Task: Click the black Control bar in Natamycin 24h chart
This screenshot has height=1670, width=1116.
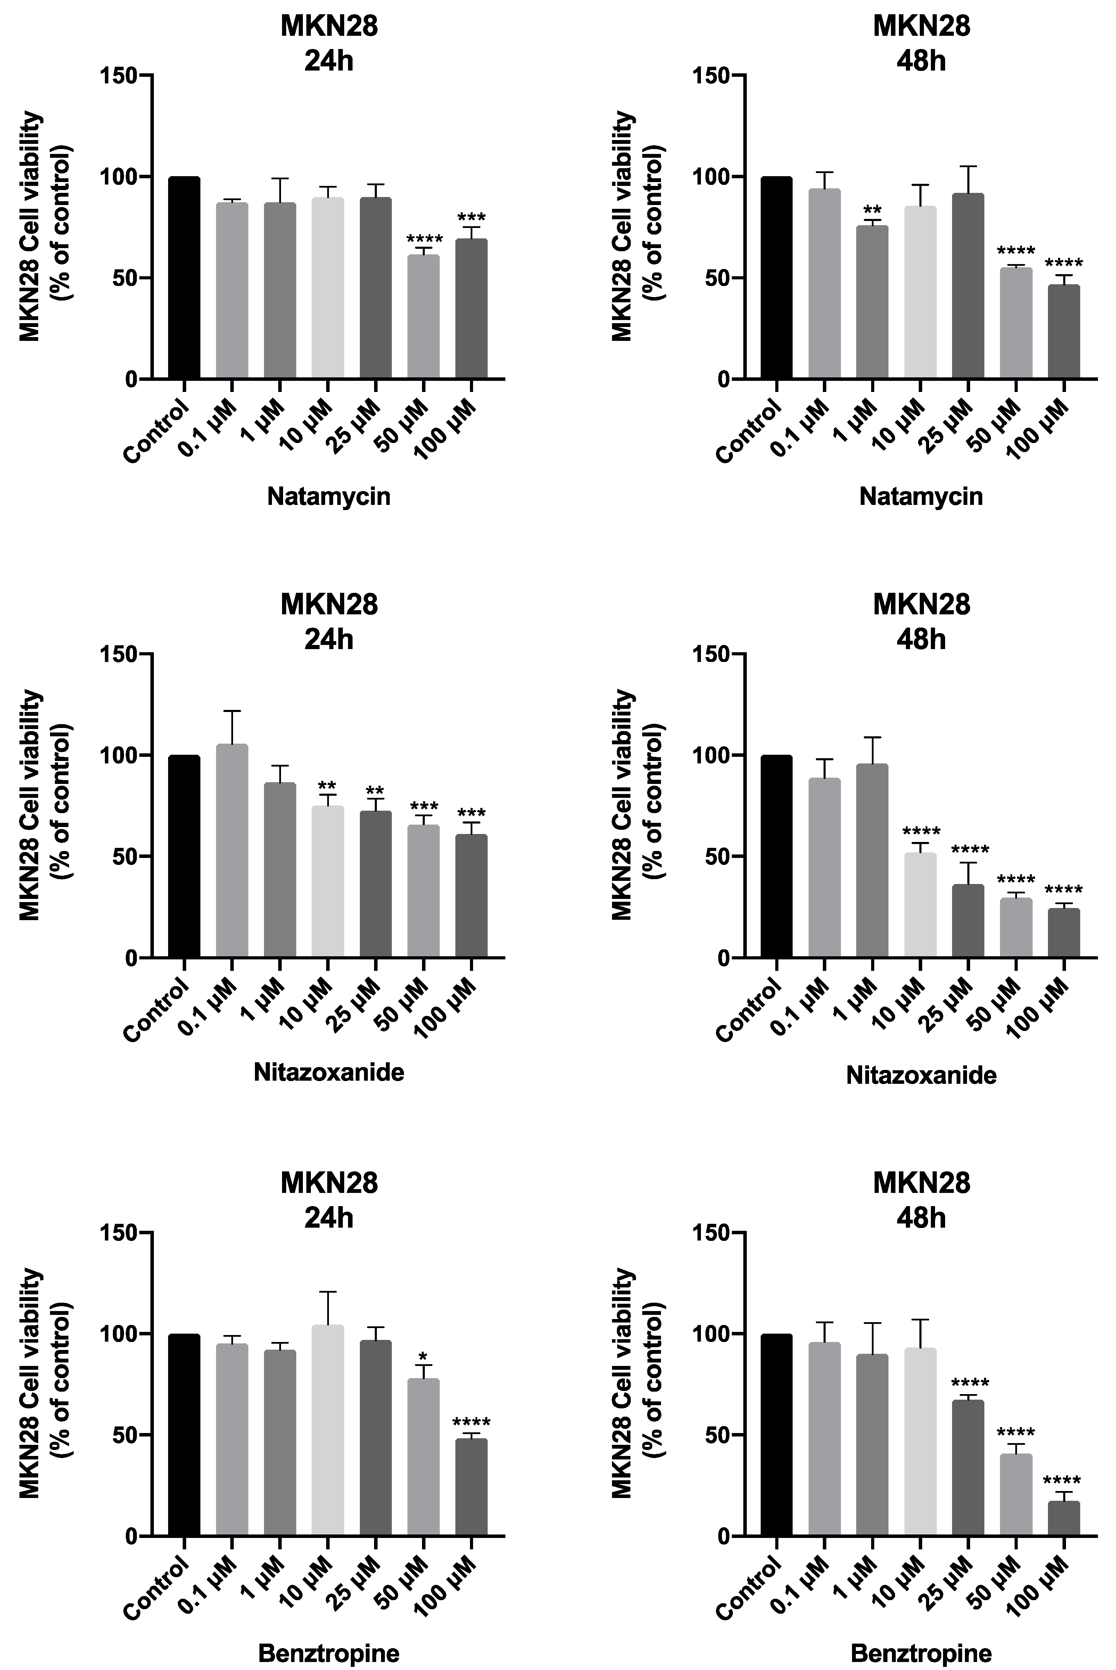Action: pos(184,278)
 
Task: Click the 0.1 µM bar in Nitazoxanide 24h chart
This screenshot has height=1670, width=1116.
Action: pos(232,851)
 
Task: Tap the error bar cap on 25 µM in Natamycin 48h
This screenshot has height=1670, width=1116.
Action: pos(969,166)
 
